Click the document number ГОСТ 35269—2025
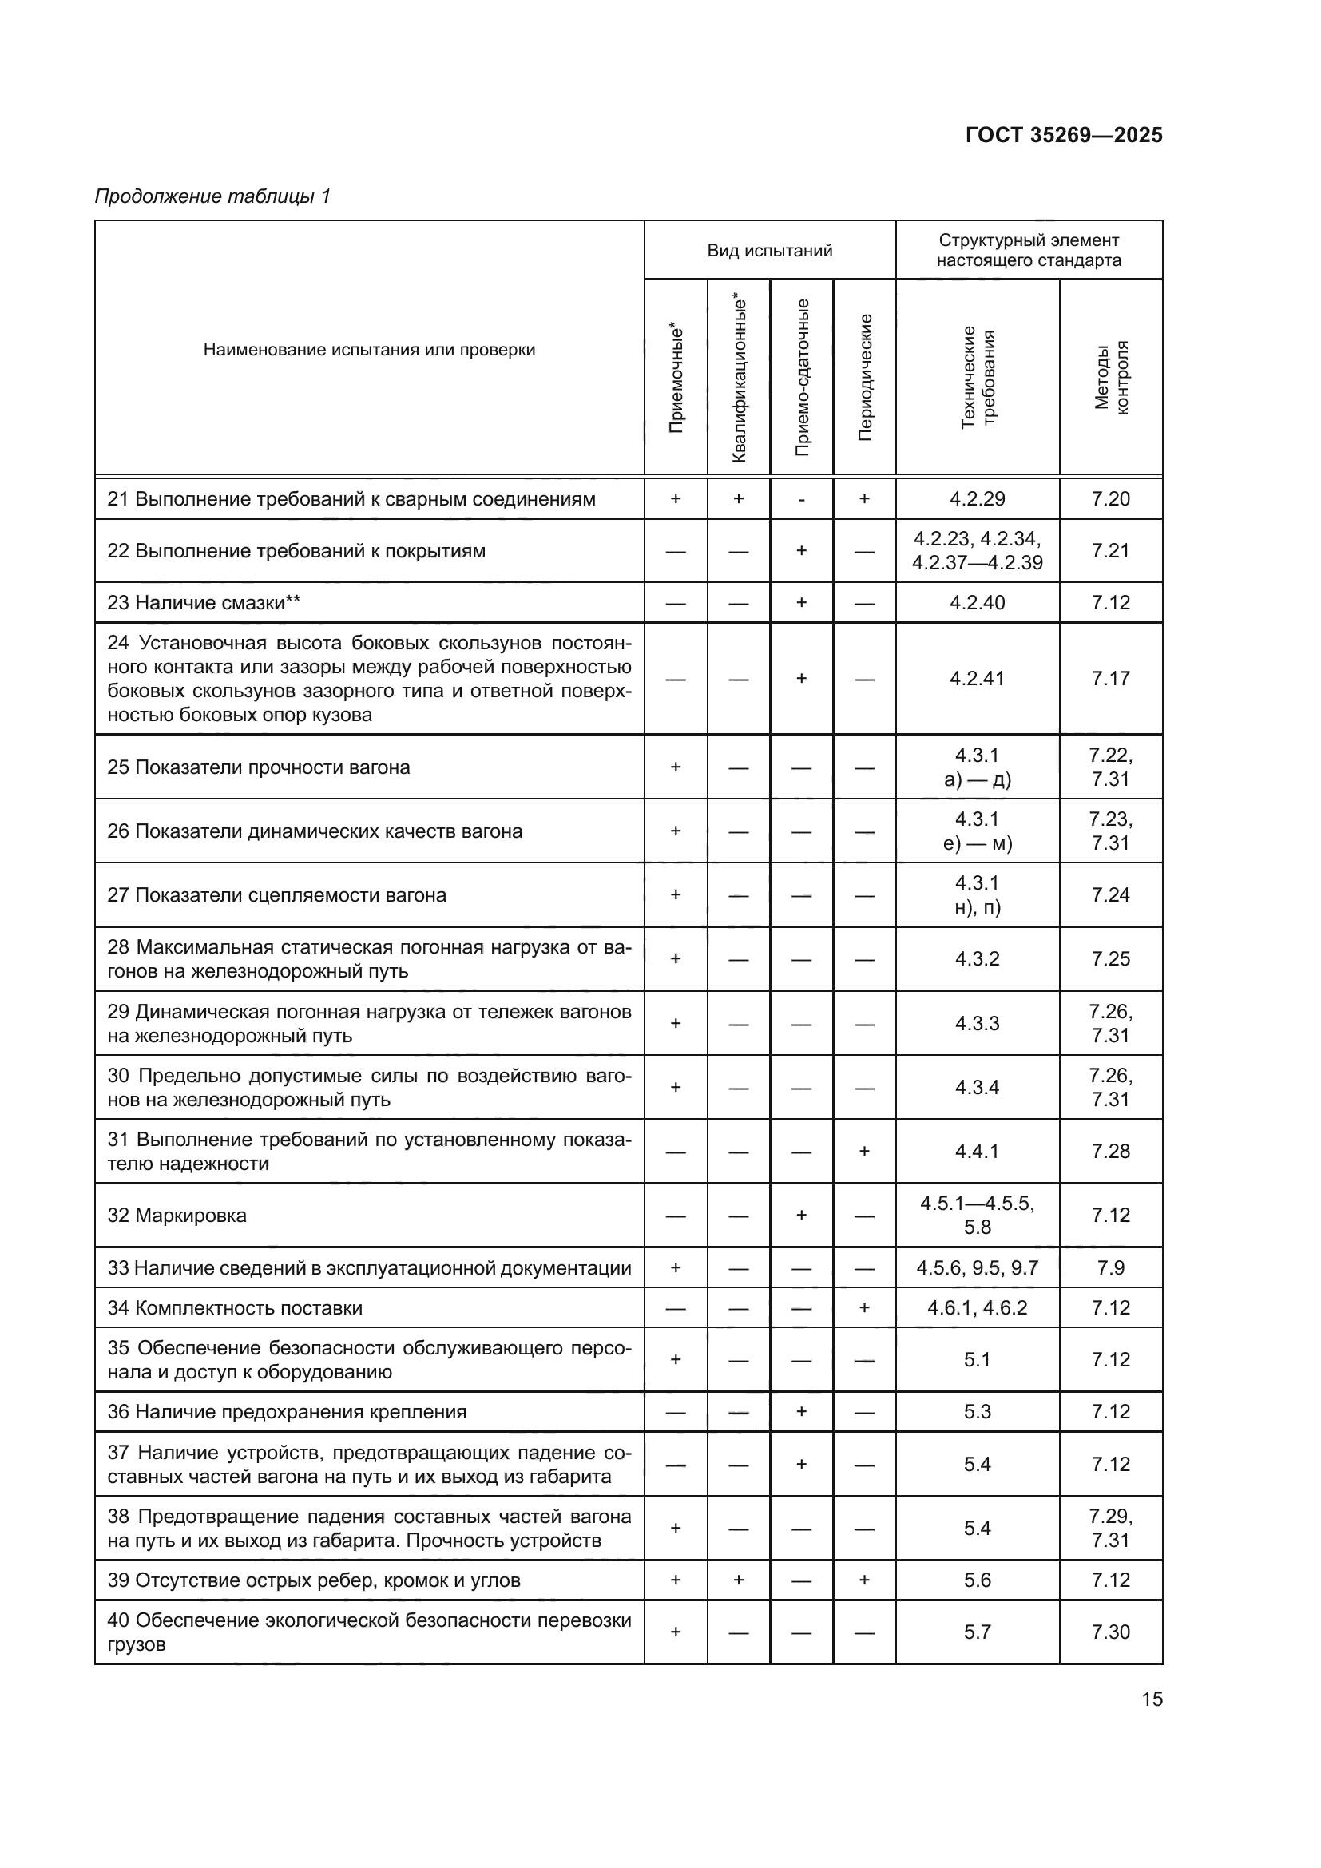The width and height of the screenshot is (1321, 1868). click(1063, 135)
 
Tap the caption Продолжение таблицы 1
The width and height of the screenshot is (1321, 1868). click(212, 196)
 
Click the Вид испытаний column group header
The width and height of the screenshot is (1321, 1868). click(769, 251)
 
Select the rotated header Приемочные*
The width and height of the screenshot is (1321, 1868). click(676, 378)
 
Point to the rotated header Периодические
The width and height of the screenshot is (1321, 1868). click(865, 378)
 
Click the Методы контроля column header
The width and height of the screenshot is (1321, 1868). click(1110, 378)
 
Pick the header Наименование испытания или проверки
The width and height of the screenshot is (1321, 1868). click(369, 350)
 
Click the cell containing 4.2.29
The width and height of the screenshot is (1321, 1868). click(977, 498)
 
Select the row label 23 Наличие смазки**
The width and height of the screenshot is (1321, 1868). click(204, 603)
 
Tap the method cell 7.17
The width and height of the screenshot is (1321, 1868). click(1110, 679)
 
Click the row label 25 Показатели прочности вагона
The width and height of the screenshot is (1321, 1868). click(259, 767)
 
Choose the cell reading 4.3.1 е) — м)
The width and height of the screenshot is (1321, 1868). click(977, 831)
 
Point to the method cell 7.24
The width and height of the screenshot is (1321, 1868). click(1110, 895)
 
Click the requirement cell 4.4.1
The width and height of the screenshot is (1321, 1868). click(977, 1152)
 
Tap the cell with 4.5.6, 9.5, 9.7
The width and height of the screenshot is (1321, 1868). click(977, 1267)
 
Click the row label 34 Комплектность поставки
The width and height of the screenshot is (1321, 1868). click(235, 1307)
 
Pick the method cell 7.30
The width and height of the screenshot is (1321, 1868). click(1110, 1632)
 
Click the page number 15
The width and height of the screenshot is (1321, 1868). click(1152, 1699)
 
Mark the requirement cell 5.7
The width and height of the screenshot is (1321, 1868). click(977, 1632)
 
